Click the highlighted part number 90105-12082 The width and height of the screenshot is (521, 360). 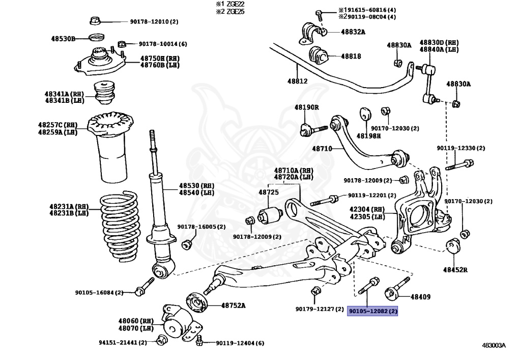point(372,311)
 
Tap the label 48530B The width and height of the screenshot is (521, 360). point(63,39)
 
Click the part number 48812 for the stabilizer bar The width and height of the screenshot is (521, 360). point(297,81)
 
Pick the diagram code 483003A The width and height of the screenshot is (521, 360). point(494,345)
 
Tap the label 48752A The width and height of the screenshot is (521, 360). point(233,306)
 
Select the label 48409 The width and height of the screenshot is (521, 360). point(420,296)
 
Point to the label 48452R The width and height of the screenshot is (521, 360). point(455,269)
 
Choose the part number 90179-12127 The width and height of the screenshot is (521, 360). point(320,309)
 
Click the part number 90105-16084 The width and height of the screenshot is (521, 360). point(99,292)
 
